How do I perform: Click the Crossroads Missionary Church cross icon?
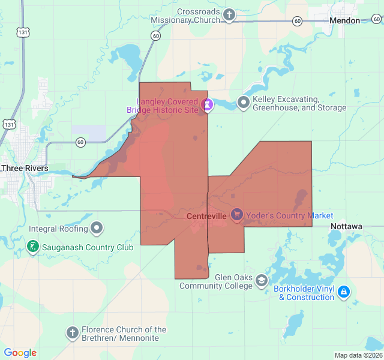[x=229, y=15]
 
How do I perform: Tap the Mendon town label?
[x=345, y=20]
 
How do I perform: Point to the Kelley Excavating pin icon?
[x=243, y=103]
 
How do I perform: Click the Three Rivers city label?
[x=24, y=168]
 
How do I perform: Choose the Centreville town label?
[x=206, y=215]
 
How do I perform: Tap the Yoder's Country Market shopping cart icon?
[x=237, y=214]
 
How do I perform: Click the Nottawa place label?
[x=346, y=226]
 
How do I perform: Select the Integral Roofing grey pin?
[x=97, y=228]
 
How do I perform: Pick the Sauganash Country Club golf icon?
[x=32, y=246]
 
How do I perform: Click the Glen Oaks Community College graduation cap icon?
[x=261, y=280]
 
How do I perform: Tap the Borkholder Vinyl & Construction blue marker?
[x=343, y=292]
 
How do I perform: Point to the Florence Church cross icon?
[x=72, y=333]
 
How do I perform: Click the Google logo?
[x=20, y=353]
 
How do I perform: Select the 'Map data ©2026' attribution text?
[x=358, y=355]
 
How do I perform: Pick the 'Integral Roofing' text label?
[x=58, y=229]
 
